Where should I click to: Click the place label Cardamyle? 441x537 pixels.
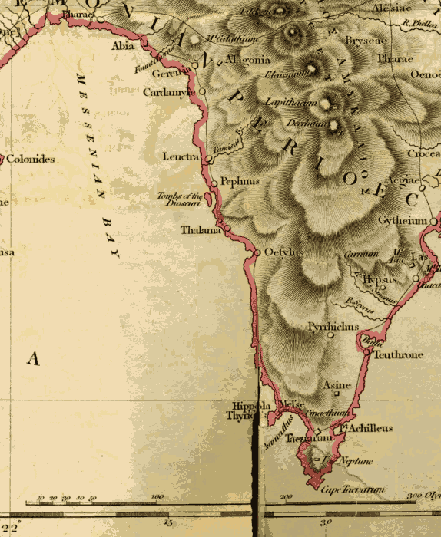coord(170,92)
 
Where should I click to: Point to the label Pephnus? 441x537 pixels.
coord(240,182)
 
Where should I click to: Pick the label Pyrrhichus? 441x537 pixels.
coord(333,326)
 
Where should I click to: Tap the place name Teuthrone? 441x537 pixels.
coord(397,355)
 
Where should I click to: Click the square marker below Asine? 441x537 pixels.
coord(337,394)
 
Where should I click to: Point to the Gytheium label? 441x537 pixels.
coord(402,221)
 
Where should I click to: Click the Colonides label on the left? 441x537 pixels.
coord(31,160)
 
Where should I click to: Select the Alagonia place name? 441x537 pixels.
coord(247,60)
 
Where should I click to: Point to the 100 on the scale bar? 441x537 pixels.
coord(157,497)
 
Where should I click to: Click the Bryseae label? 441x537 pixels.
coord(363,39)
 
